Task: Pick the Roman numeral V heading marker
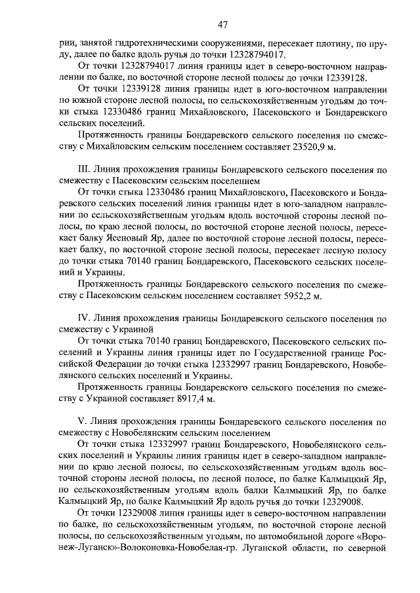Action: pyautogui.click(x=81, y=421)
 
